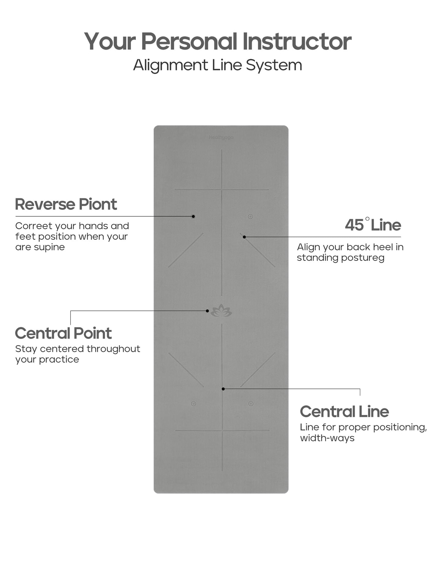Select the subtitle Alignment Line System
pyautogui.click(x=217, y=65)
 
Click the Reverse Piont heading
pyautogui.click(x=66, y=204)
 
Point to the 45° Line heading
pyautogui.click(x=373, y=225)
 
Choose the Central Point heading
pyautogui.click(x=63, y=333)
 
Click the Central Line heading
pyautogui.click(x=344, y=412)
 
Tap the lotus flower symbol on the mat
pyautogui.click(x=221, y=311)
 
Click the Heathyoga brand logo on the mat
pyautogui.click(x=221, y=138)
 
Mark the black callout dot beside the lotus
pyautogui.click(x=207, y=311)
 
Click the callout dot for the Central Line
pyautogui.click(x=223, y=389)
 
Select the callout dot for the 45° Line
pyautogui.click(x=244, y=237)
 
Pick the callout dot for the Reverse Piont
pyautogui.click(x=193, y=216)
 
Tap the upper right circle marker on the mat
pyautogui.click(x=250, y=217)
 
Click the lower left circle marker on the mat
pyautogui.click(x=193, y=404)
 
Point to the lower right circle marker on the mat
pyautogui.click(x=251, y=404)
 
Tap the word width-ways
pyautogui.click(x=327, y=438)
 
